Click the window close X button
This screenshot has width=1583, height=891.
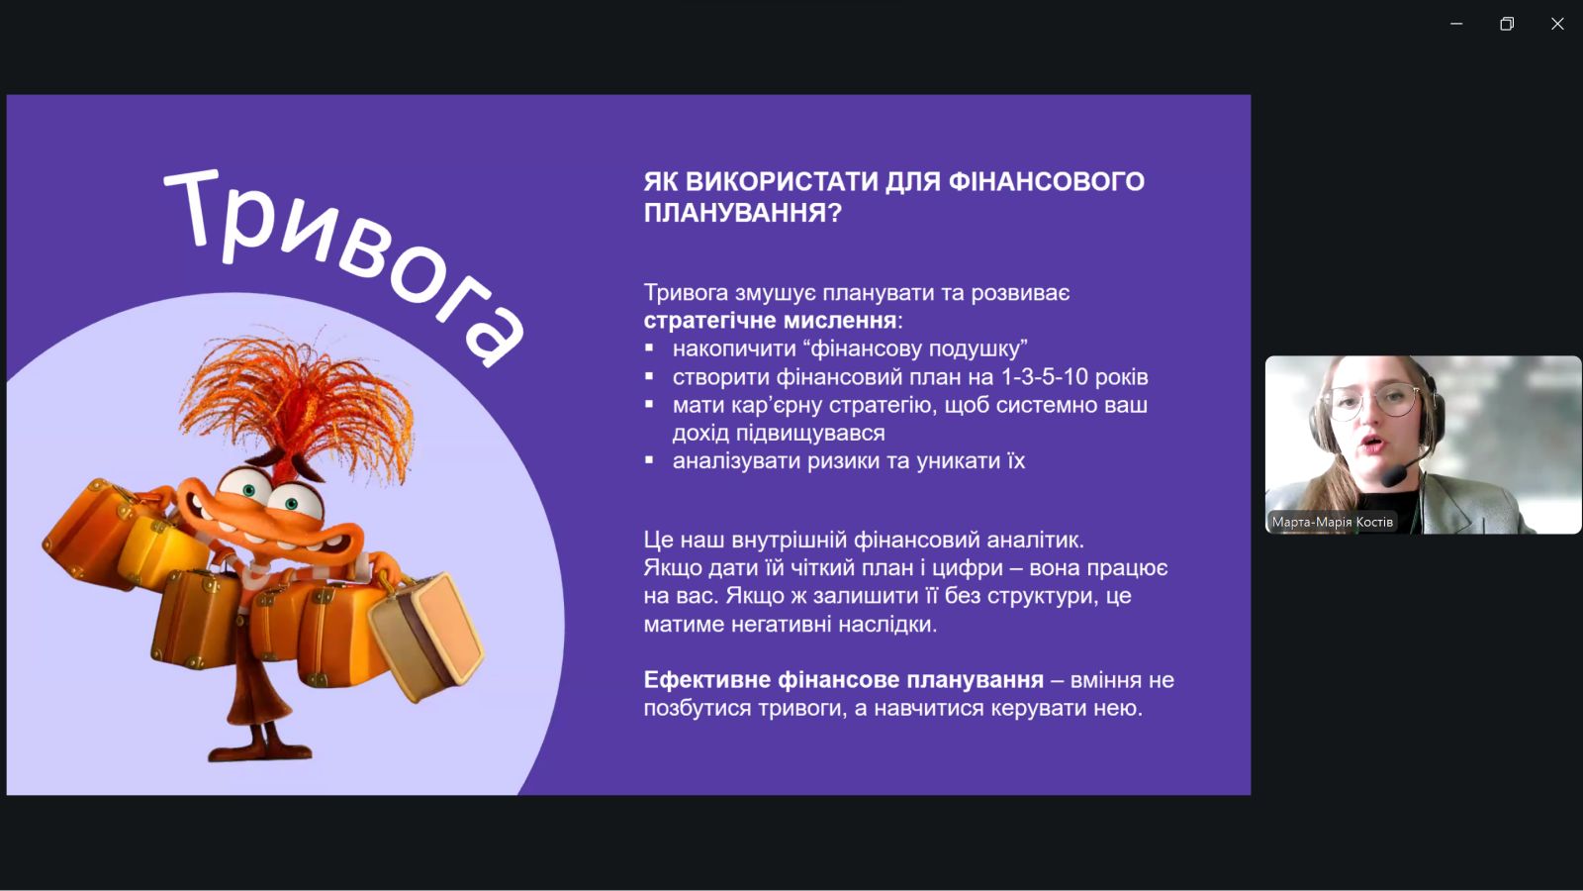[x=1557, y=24]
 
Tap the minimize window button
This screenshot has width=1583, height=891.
[x=1456, y=24]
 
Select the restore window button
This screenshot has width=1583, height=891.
[x=1507, y=24]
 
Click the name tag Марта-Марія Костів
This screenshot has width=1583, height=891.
[x=1332, y=522]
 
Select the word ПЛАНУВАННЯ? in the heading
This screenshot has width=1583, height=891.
[x=743, y=213]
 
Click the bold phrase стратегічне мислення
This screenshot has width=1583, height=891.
[x=771, y=321]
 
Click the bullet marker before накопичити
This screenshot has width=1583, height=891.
[x=649, y=347]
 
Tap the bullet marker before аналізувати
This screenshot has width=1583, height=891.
[x=649, y=460]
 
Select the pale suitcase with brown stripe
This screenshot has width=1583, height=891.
[x=426, y=636]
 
